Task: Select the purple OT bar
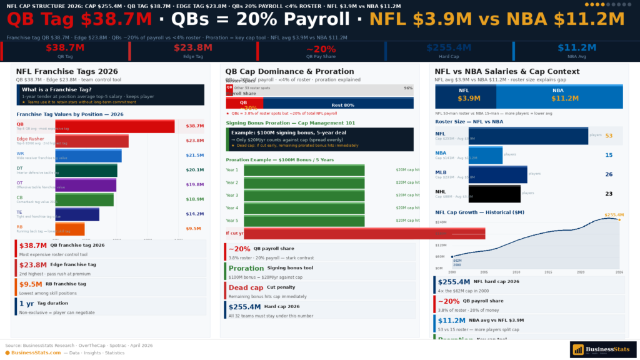(x=86, y=185)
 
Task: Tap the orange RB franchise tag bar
(x=69, y=229)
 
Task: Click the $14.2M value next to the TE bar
(x=194, y=214)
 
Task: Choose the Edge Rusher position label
(x=31, y=138)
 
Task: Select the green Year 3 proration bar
(x=304, y=195)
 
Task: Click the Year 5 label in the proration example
(x=232, y=220)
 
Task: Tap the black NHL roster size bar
(x=494, y=194)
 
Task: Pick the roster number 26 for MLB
(x=608, y=174)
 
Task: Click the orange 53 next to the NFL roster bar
(x=608, y=136)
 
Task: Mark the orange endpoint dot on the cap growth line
(x=619, y=219)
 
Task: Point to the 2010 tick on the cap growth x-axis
(x=516, y=272)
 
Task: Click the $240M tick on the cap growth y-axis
(x=440, y=222)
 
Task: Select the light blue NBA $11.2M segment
(x=559, y=96)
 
